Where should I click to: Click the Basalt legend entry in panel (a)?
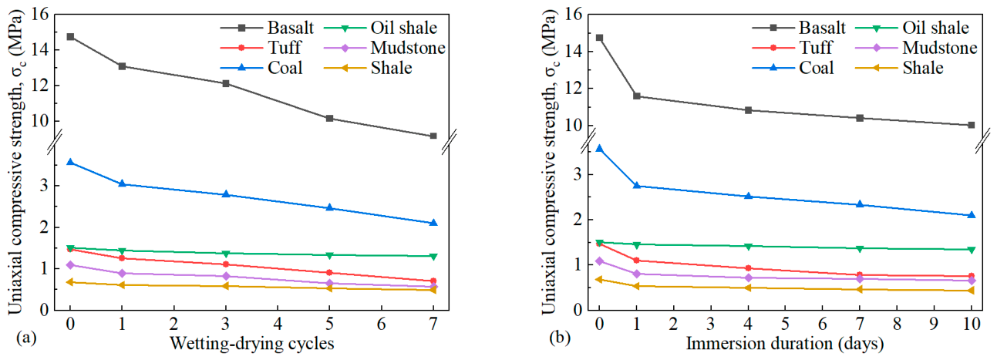(x=267, y=28)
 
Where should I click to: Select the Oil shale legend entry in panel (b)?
(x=912, y=28)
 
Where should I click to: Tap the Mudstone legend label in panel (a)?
(x=408, y=48)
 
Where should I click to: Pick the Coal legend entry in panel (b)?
(x=793, y=68)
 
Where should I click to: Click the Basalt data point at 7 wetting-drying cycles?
(x=433, y=136)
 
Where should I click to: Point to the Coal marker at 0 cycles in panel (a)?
(x=70, y=162)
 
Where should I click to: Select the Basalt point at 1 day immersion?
(x=636, y=96)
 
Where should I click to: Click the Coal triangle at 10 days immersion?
(x=972, y=215)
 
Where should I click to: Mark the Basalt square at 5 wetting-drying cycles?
(x=329, y=119)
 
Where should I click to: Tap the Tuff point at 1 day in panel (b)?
(x=636, y=261)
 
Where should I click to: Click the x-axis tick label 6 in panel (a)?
(x=382, y=324)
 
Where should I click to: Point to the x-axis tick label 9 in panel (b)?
(x=934, y=324)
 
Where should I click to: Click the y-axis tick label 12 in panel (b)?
(x=573, y=88)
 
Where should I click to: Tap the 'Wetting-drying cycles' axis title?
(x=252, y=344)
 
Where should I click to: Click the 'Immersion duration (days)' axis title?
(x=785, y=344)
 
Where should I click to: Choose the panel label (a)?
(x=25, y=338)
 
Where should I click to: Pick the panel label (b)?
(x=560, y=338)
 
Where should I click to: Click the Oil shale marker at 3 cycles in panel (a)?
(x=226, y=254)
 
